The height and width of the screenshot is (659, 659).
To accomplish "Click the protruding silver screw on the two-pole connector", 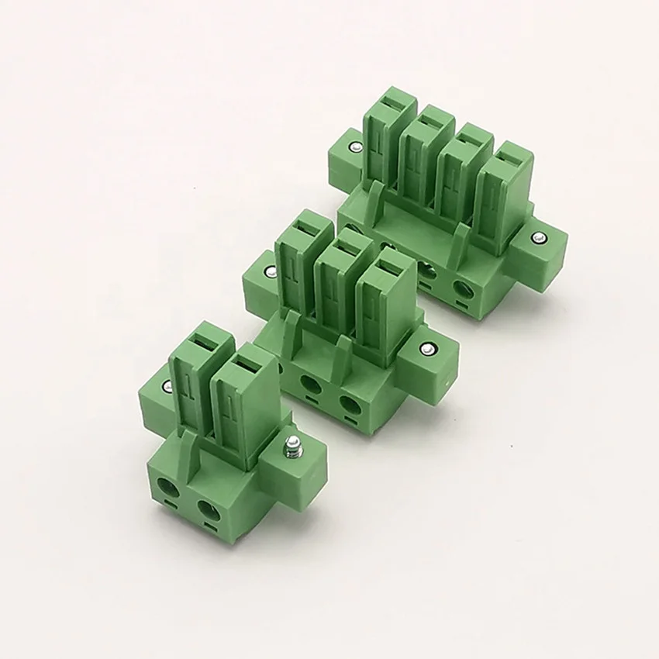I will click(x=293, y=447).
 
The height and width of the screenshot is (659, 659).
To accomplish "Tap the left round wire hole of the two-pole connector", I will click(x=168, y=488).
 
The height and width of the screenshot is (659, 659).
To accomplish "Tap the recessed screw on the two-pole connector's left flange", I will click(x=165, y=387).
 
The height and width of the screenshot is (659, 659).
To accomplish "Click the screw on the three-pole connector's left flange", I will click(x=269, y=271).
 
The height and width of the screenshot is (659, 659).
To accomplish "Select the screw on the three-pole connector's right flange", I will click(x=426, y=350).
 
